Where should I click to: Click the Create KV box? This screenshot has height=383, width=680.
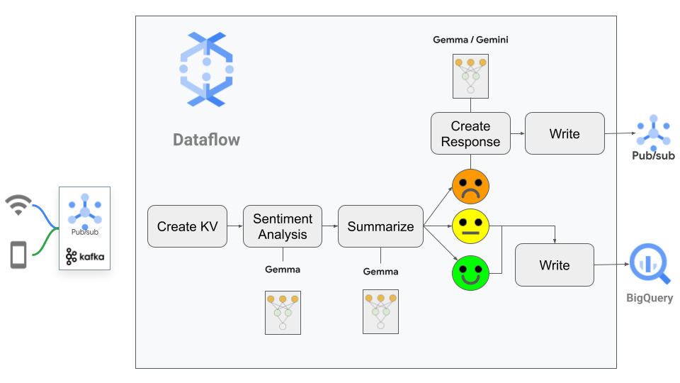188,226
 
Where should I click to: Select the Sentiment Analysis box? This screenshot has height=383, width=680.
283,226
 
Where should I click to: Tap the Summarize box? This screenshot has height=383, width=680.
380,226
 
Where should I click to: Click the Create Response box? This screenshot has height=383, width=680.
470,133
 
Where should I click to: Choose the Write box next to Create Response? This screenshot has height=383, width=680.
565,133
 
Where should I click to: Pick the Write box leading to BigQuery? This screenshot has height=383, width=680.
555,265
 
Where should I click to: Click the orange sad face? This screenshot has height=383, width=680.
470,186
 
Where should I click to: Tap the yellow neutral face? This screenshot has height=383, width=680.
470,227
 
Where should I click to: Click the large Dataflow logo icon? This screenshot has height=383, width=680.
206,70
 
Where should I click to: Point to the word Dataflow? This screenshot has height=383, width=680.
206,140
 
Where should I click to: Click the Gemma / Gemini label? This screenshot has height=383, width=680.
470,40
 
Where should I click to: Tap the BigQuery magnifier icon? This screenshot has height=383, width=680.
647,263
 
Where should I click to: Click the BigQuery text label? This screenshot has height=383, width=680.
650,298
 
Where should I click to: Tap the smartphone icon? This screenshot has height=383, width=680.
18,255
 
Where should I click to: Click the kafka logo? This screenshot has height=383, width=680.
85,256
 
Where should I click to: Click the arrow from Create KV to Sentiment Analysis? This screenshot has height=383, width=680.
235,226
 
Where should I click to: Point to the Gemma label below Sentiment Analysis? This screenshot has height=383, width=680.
283,270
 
